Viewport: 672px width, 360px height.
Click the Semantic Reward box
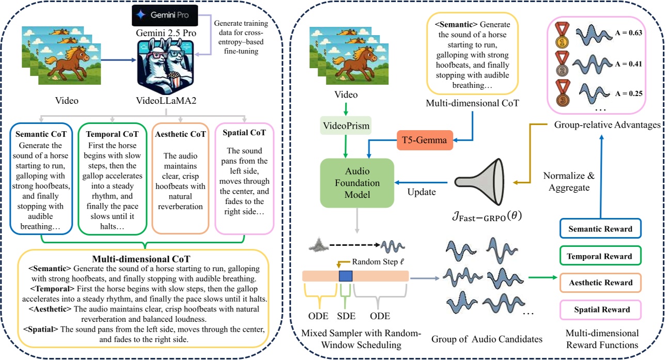click(x=601, y=229)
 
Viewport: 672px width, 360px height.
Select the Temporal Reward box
click(x=601, y=256)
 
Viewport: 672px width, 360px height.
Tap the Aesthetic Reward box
click(x=601, y=283)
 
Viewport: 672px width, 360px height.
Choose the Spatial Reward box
click(x=601, y=309)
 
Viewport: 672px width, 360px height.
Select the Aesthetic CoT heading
click(x=180, y=134)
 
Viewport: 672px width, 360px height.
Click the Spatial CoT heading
click(x=245, y=133)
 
